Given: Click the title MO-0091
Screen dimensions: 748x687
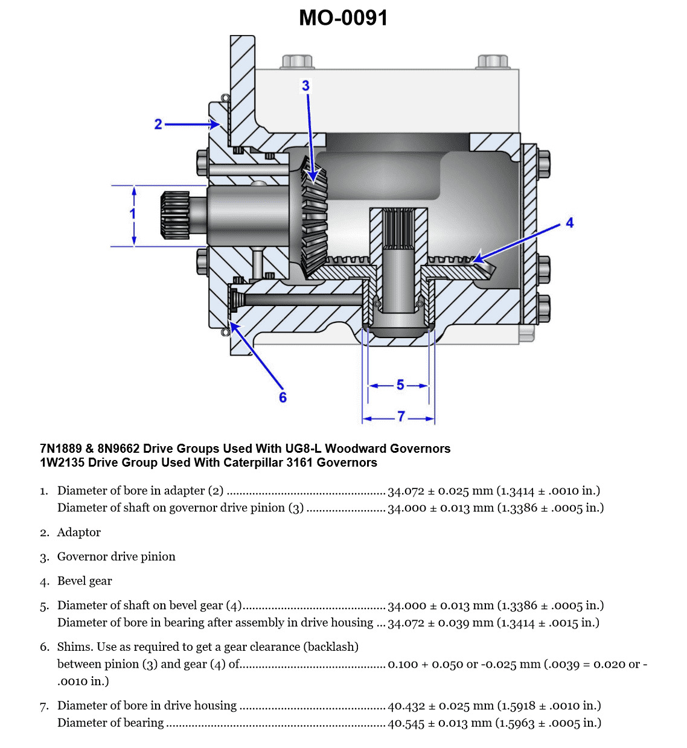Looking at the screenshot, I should [343, 18].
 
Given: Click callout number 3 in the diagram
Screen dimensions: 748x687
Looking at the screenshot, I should [305, 86].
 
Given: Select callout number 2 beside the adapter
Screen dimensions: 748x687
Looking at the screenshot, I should [158, 124].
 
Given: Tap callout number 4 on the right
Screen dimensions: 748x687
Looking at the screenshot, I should [569, 223].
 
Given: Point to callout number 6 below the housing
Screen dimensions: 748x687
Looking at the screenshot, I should [283, 397].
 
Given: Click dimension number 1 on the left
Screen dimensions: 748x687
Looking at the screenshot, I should [133, 213].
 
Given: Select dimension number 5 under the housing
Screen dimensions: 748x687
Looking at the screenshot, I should [400, 385].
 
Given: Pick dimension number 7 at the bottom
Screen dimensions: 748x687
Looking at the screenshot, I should [401, 417].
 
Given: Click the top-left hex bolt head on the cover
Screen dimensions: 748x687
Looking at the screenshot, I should [296, 62].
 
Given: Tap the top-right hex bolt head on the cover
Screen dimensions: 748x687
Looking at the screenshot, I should [492, 62].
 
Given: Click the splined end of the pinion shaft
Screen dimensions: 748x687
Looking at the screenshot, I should [175, 215].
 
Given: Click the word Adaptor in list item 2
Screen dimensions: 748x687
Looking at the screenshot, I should [78, 532].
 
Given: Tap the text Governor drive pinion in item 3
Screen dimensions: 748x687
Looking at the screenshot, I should [116, 557].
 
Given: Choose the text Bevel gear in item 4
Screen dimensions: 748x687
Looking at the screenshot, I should [85, 581].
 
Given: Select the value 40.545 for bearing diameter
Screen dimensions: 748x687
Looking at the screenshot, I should [406, 723].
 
